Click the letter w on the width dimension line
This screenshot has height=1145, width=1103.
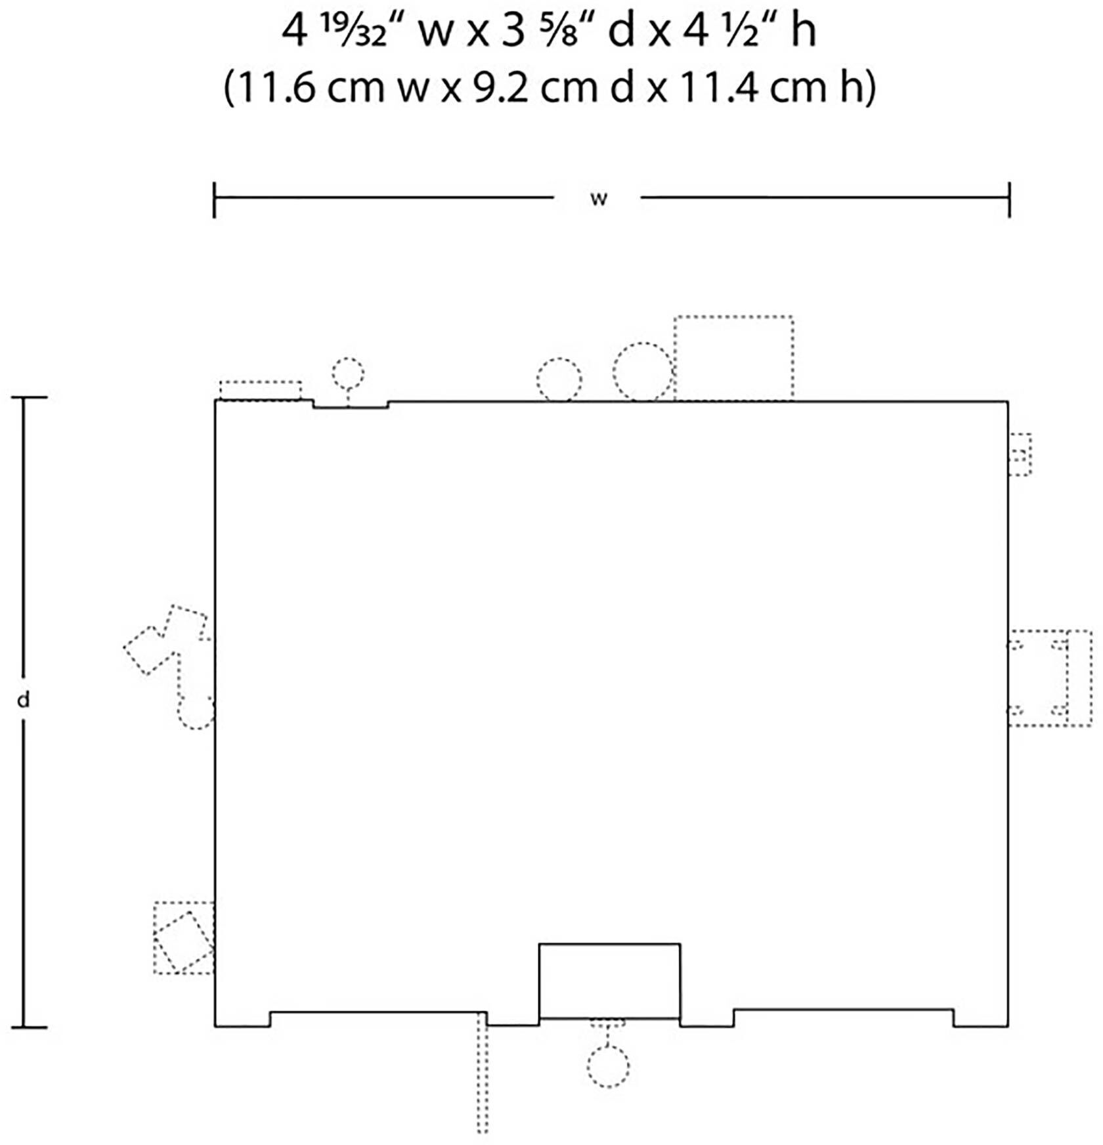pyautogui.click(x=598, y=199)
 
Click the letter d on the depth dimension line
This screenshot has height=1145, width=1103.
pyautogui.click(x=24, y=701)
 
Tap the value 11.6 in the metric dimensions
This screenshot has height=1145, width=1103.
pyautogui.click(x=273, y=87)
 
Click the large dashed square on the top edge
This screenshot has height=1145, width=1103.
pyautogui.click(x=733, y=358)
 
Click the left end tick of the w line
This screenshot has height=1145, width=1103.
pyautogui.click(x=215, y=200)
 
